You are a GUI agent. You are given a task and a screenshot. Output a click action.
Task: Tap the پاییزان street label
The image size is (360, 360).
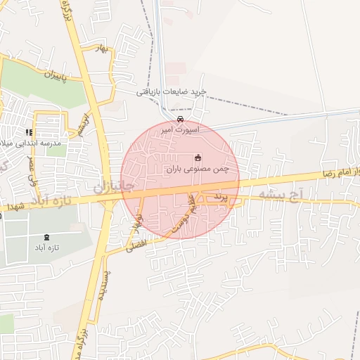[58, 75]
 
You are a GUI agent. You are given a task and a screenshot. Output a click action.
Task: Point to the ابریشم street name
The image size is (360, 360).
[85, 117]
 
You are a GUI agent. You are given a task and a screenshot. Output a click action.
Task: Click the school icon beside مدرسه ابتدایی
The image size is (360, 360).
[29, 131]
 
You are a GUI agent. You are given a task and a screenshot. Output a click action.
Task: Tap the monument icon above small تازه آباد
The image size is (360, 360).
[47, 237]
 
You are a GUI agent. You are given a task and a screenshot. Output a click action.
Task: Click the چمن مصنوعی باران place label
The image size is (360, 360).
[198, 169]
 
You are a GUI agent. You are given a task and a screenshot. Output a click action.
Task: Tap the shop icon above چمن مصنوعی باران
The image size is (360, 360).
[198, 157]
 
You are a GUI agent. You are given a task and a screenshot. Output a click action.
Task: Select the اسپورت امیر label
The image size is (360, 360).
[181, 130]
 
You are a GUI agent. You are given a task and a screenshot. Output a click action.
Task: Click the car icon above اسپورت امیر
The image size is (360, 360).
[181, 119]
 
